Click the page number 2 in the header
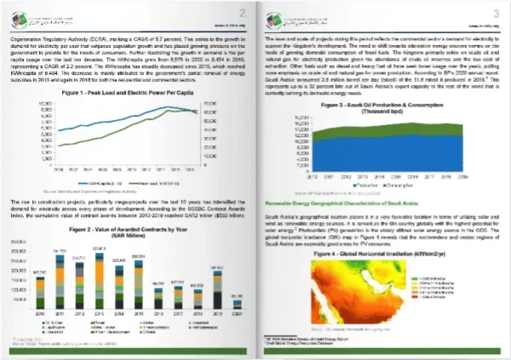pos(242,12)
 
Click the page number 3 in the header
pos(496,12)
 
